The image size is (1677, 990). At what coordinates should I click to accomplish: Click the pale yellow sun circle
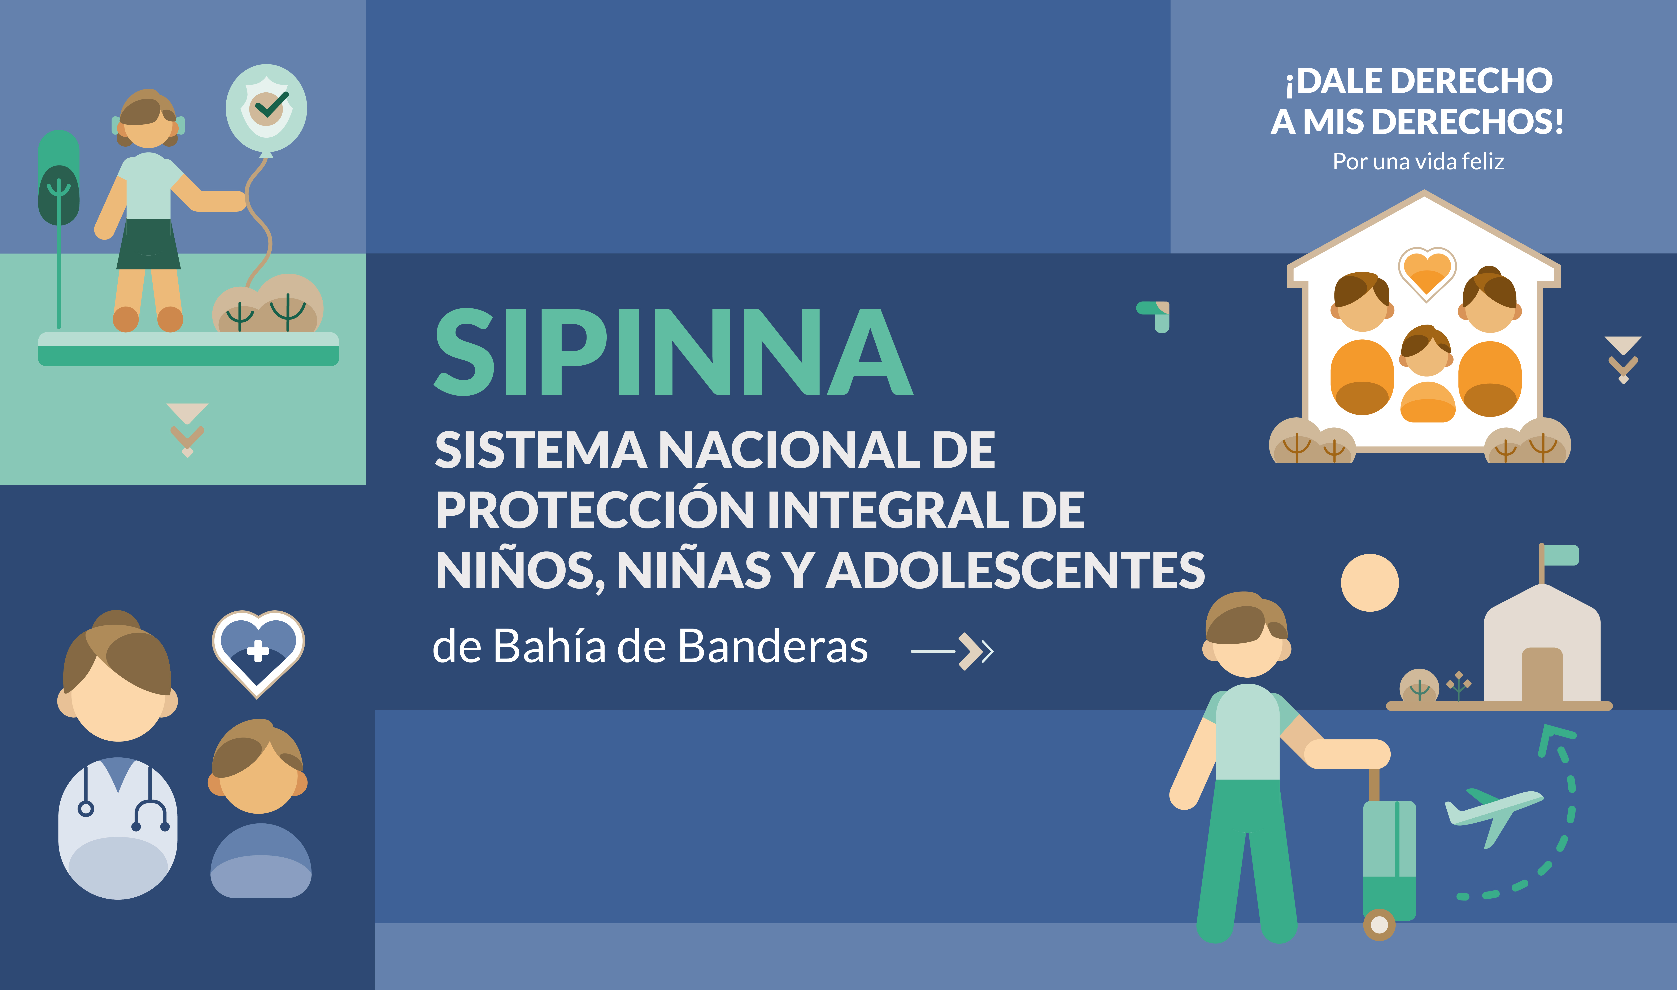[1370, 582]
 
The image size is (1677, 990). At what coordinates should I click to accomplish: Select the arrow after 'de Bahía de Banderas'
[952, 650]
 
